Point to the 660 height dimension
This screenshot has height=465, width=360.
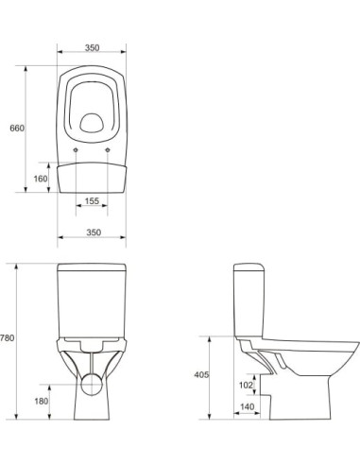click(17, 127)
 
